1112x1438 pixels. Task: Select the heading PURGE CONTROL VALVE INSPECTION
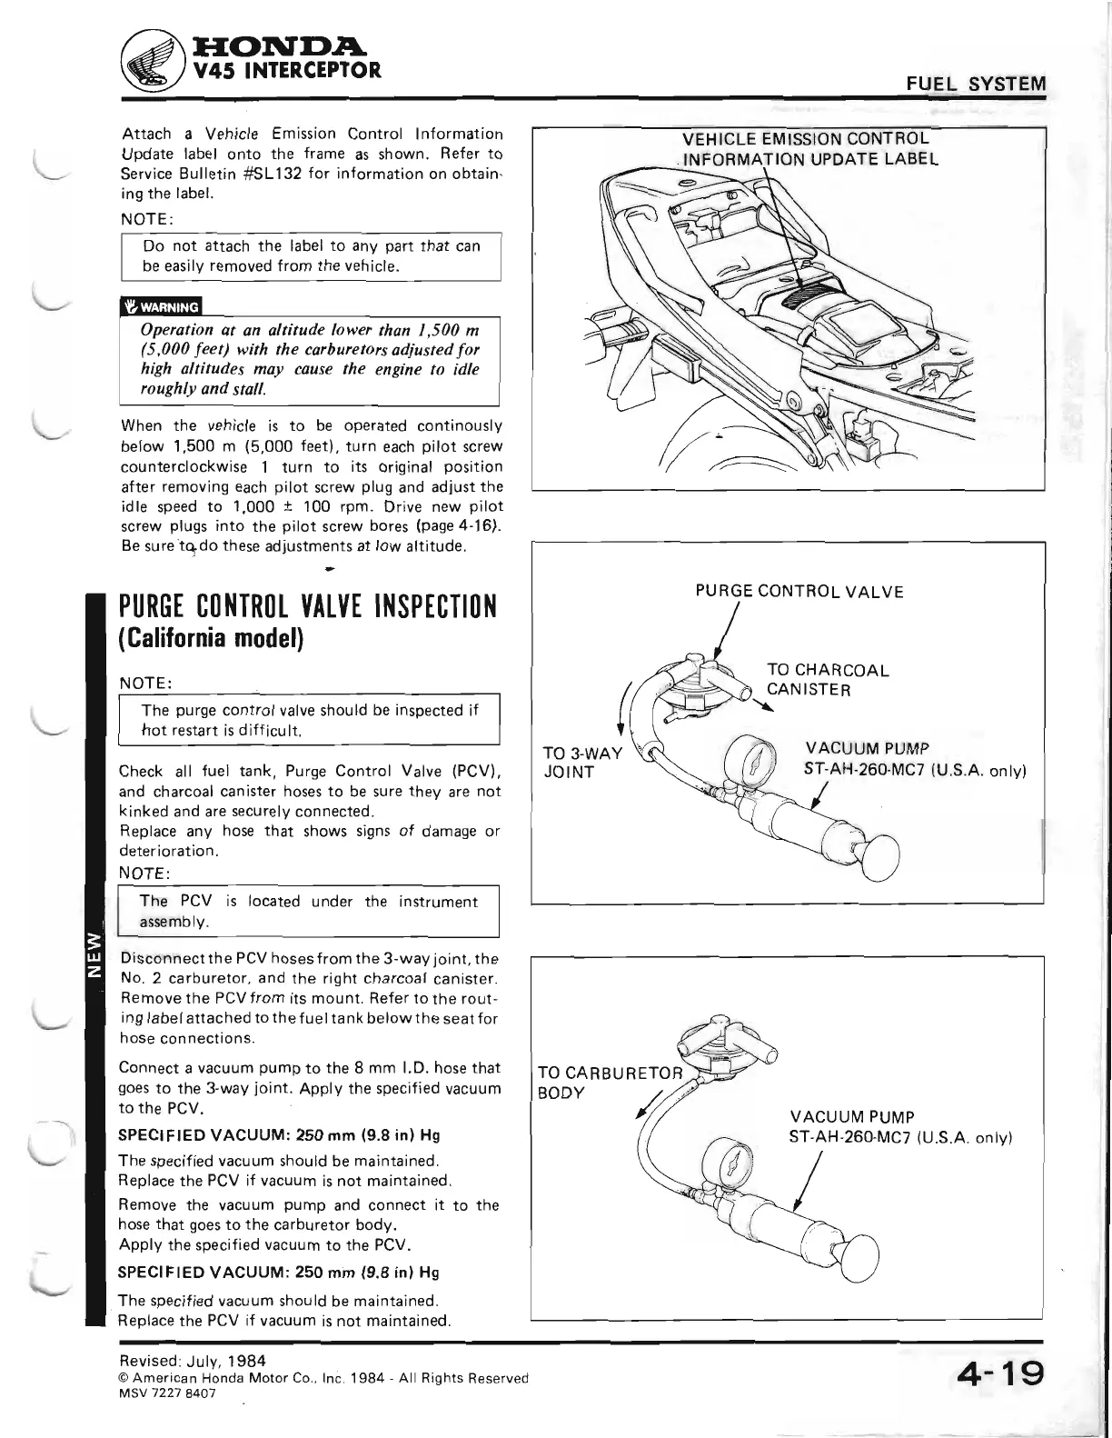308,605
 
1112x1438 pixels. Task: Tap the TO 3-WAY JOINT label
581,763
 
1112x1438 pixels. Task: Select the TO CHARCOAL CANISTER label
827,680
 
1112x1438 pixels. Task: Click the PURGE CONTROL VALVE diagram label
799,592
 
